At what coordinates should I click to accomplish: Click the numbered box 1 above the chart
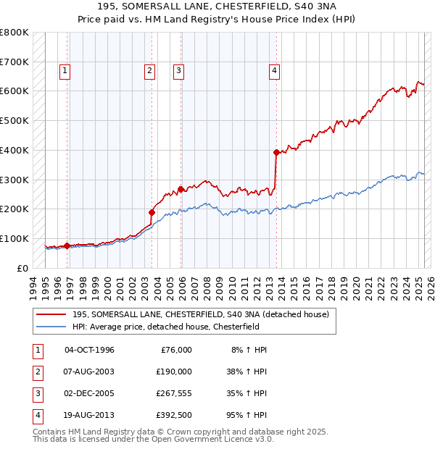click(x=65, y=70)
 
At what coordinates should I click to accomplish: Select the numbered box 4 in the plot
click(x=275, y=70)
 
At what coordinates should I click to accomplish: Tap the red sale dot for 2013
click(x=276, y=152)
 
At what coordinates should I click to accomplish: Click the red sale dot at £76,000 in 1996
click(x=67, y=246)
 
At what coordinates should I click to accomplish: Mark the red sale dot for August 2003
click(x=152, y=212)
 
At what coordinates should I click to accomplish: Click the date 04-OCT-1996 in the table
click(x=90, y=350)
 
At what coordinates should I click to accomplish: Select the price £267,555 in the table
click(x=174, y=393)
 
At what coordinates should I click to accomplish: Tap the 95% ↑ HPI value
click(x=249, y=415)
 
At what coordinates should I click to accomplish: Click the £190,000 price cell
click(x=174, y=372)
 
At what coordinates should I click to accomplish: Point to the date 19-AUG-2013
click(x=90, y=415)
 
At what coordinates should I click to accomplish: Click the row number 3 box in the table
click(x=36, y=393)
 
